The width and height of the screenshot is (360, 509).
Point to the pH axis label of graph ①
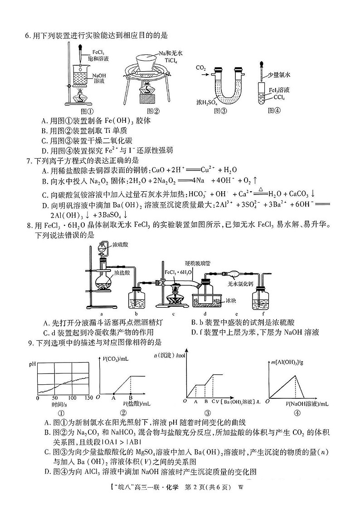[x=32, y=364]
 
